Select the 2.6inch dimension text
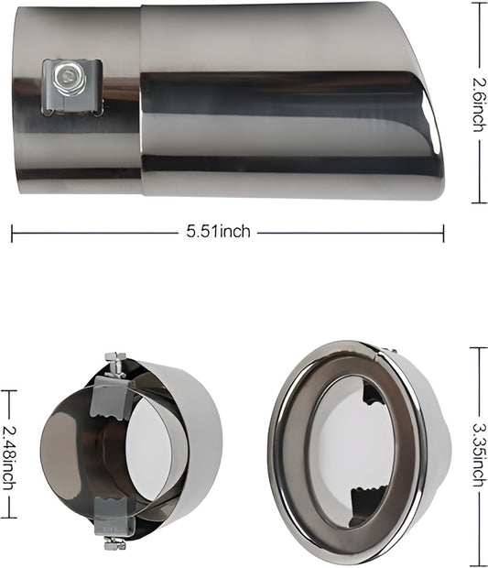coord(478,103)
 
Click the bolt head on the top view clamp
coord(66,78)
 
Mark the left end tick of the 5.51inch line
coord(12,233)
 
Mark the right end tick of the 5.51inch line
coord(444,233)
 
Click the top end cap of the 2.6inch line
coord(478,3)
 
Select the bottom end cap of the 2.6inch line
coord(478,202)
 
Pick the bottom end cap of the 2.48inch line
coord(9,518)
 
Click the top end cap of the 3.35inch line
coord(478,347)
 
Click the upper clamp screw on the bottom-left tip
coord(115,365)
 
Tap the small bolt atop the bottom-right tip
coord(386,351)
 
